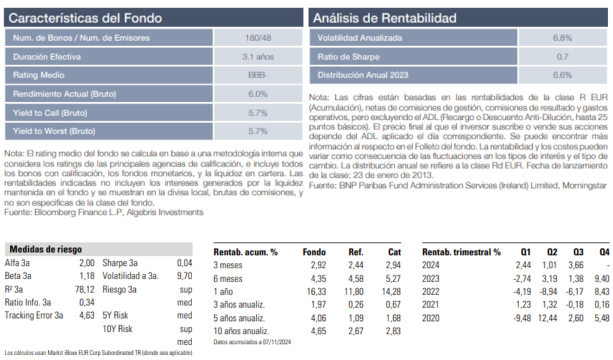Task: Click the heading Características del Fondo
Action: (x=86, y=18)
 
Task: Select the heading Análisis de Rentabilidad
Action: (x=385, y=18)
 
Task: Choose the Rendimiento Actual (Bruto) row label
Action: (x=65, y=94)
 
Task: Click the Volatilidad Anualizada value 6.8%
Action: (x=562, y=38)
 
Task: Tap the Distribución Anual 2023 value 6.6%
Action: (x=562, y=75)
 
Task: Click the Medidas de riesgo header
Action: (x=46, y=249)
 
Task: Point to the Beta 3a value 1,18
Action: (x=87, y=276)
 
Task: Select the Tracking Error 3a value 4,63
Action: (x=87, y=315)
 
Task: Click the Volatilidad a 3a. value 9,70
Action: (x=184, y=276)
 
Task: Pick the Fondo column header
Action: (x=314, y=252)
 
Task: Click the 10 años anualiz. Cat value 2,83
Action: (x=394, y=331)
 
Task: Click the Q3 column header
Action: (x=578, y=252)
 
